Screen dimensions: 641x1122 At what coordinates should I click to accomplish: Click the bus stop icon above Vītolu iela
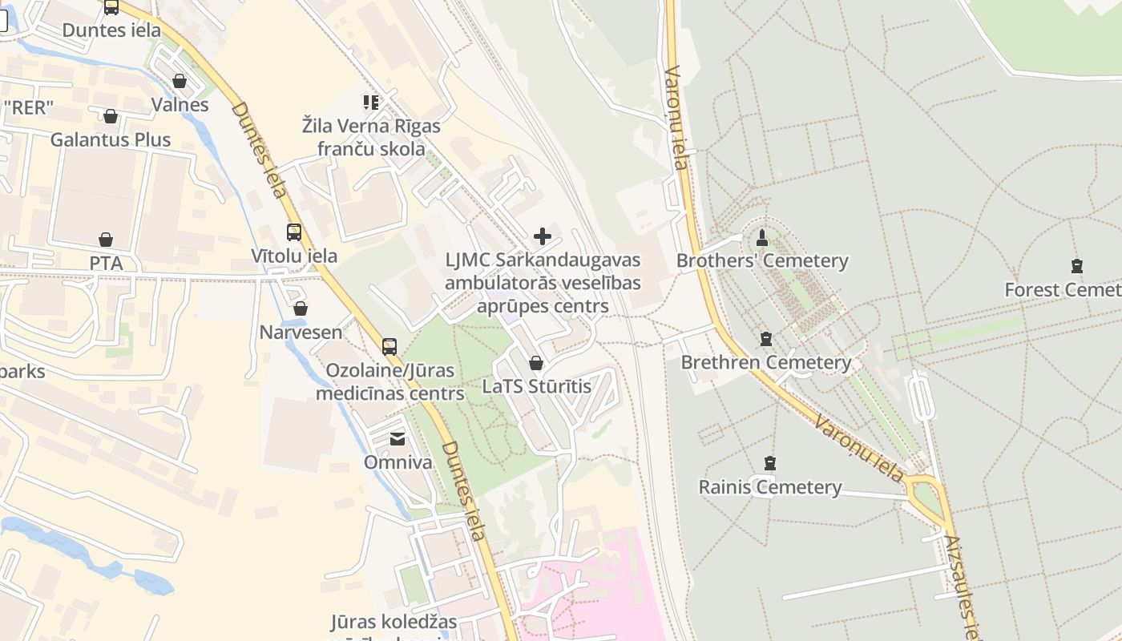[x=294, y=232]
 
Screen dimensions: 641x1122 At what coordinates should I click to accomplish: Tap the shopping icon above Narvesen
[x=301, y=308]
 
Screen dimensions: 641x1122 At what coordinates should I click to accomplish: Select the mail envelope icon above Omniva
[x=398, y=438]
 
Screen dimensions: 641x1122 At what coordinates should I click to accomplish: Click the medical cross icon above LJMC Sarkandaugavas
[x=543, y=236]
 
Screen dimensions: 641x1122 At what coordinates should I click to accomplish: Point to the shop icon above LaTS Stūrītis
[x=536, y=363]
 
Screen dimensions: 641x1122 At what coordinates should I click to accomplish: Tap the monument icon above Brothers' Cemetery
[x=761, y=237]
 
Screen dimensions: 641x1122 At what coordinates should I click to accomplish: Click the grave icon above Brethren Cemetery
[x=766, y=339]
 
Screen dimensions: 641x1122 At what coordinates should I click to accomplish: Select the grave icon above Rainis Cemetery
[x=770, y=463]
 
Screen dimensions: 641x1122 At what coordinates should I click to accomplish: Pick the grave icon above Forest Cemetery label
[x=1076, y=266]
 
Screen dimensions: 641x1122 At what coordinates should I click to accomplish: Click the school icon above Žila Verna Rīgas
[x=370, y=102]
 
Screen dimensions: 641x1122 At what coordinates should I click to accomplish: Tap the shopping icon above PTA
[x=106, y=240]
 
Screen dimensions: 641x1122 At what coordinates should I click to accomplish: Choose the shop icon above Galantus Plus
[x=111, y=116]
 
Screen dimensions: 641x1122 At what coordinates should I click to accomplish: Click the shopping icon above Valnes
[x=180, y=81]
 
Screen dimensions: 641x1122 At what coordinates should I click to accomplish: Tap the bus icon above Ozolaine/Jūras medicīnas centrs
[x=389, y=347]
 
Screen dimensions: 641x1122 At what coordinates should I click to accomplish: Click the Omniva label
[x=398, y=462]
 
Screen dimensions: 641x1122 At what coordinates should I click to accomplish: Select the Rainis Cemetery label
[x=770, y=487]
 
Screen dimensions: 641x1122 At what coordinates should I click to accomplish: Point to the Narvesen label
[x=301, y=332]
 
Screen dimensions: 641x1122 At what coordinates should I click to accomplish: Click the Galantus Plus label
[x=111, y=139]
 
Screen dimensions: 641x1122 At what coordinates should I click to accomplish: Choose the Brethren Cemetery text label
[x=766, y=362]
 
